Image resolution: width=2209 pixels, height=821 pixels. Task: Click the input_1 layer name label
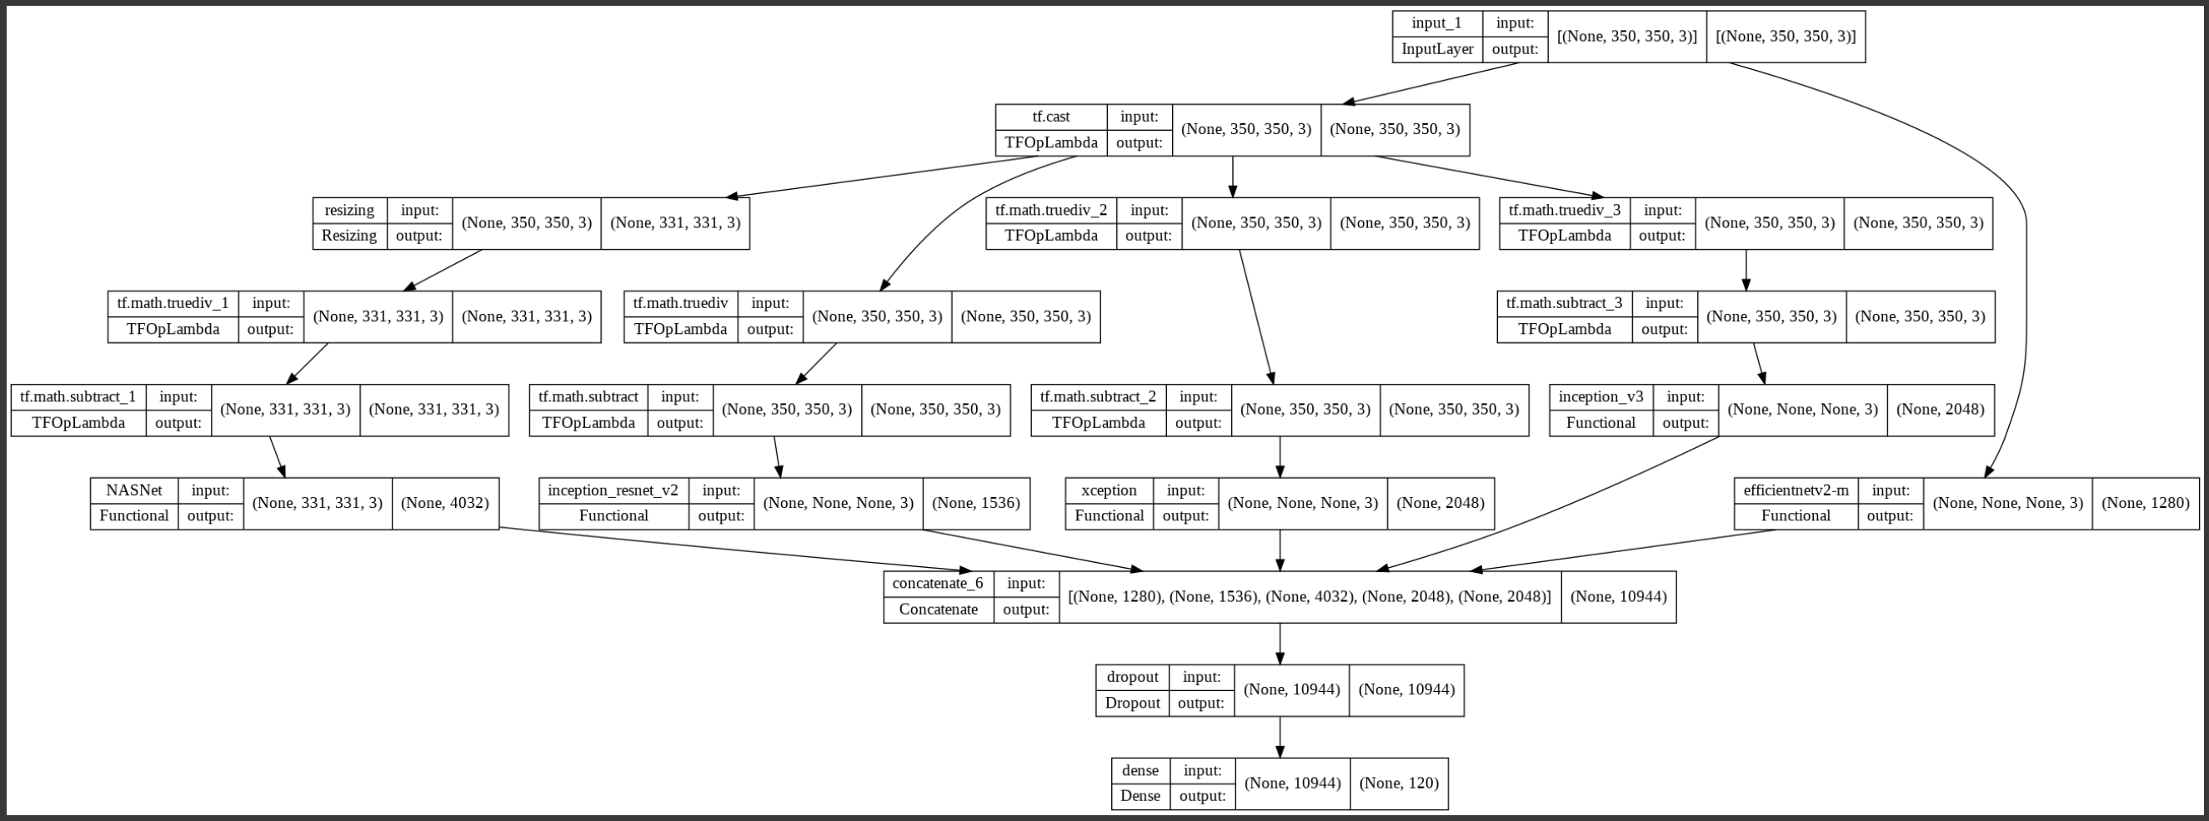pyautogui.click(x=1436, y=23)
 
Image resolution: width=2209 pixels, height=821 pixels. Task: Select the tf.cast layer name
pyautogui.click(x=1050, y=117)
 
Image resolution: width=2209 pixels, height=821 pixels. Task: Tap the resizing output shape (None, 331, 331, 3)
pyautogui.click(x=675, y=223)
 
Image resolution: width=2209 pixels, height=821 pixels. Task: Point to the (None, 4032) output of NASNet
pyautogui.click(x=444, y=503)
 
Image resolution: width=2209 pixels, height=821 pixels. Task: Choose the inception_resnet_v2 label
pyautogui.click(x=613, y=490)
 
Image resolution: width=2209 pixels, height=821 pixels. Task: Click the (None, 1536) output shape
pyautogui.click(x=975, y=503)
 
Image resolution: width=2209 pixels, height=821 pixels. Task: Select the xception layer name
pyautogui.click(x=1109, y=490)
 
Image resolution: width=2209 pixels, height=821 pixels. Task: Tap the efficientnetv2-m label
pyautogui.click(x=1795, y=490)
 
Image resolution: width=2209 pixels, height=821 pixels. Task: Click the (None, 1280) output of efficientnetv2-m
pyautogui.click(x=2145, y=503)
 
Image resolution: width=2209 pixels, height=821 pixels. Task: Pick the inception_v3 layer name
pyautogui.click(x=1600, y=397)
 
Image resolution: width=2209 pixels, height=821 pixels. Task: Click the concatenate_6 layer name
pyautogui.click(x=937, y=584)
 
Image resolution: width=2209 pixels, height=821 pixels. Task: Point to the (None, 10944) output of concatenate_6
pyautogui.click(x=1617, y=596)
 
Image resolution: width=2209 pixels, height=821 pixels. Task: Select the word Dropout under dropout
pyautogui.click(x=1132, y=703)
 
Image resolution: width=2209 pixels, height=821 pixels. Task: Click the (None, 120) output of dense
pyautogui.click(x=1398, y=783)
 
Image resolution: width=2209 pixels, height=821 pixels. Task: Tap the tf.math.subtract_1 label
pyautogui.click(x=78, y=397)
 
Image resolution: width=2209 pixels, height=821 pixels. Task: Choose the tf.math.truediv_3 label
pyautogui.click(x=1564, y=210)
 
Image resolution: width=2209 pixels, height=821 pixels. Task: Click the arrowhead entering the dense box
pyautogui.click(x=1280, y=752)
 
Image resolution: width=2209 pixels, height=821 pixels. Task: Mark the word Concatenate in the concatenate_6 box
pyautogui.click(x=937, y=610)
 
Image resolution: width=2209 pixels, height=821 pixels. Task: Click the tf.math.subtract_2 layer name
pyautogui.click(x=1098, y=397)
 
